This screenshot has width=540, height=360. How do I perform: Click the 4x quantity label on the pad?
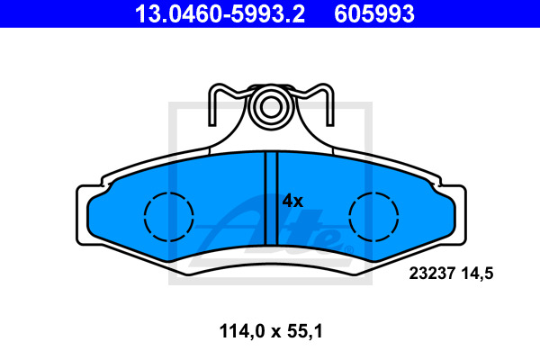[292, 201]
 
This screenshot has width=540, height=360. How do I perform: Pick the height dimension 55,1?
[303, 330]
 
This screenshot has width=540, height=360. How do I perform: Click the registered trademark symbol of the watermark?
[336, 244]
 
